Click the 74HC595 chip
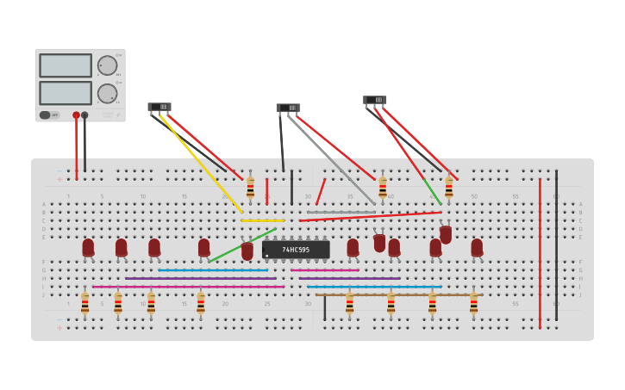(x=296, y=250)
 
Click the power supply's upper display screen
(x=66, y=65)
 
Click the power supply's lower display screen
(x=66, y=92)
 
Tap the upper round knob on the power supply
(x=107, y=65)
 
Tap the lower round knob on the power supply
(x=107, y=93)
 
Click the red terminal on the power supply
(x=76, y=115)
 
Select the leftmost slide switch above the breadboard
(x=159, y=107)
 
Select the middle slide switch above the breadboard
(x=288, y=108)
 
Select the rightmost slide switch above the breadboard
(x=375, y=100)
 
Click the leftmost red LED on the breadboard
(x=88, y=247)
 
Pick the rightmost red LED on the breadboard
(x=477, y=247)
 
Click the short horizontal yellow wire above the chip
(x=262, y=220)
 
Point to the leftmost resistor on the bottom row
(x=84, y=302)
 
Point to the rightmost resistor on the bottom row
(x=473, y=302)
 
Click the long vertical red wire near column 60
(x=540, y=254)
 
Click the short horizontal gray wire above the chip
(x=341, y=212)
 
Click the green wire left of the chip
(x=241, y=245)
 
